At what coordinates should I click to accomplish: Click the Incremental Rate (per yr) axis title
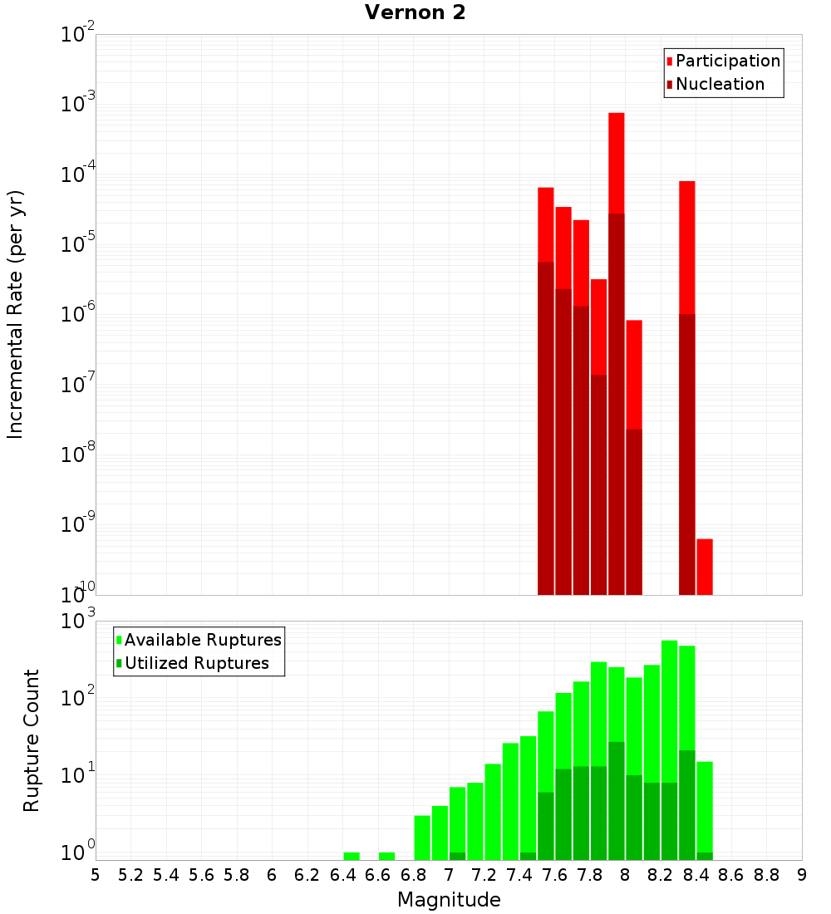pos(16,314)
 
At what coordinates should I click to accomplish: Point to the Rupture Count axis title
pos(32,740)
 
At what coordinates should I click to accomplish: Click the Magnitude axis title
pos(449,900)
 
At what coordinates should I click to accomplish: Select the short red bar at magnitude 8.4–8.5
pos(705,567)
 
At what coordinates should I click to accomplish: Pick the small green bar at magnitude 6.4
pos(352,856)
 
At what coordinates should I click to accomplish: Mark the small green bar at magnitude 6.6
pos(386,856)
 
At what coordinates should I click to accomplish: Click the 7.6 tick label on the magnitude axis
pos(554,874)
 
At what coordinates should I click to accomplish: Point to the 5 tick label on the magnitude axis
pos(96,874)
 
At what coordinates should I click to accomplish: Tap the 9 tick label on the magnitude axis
pos(802,874)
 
